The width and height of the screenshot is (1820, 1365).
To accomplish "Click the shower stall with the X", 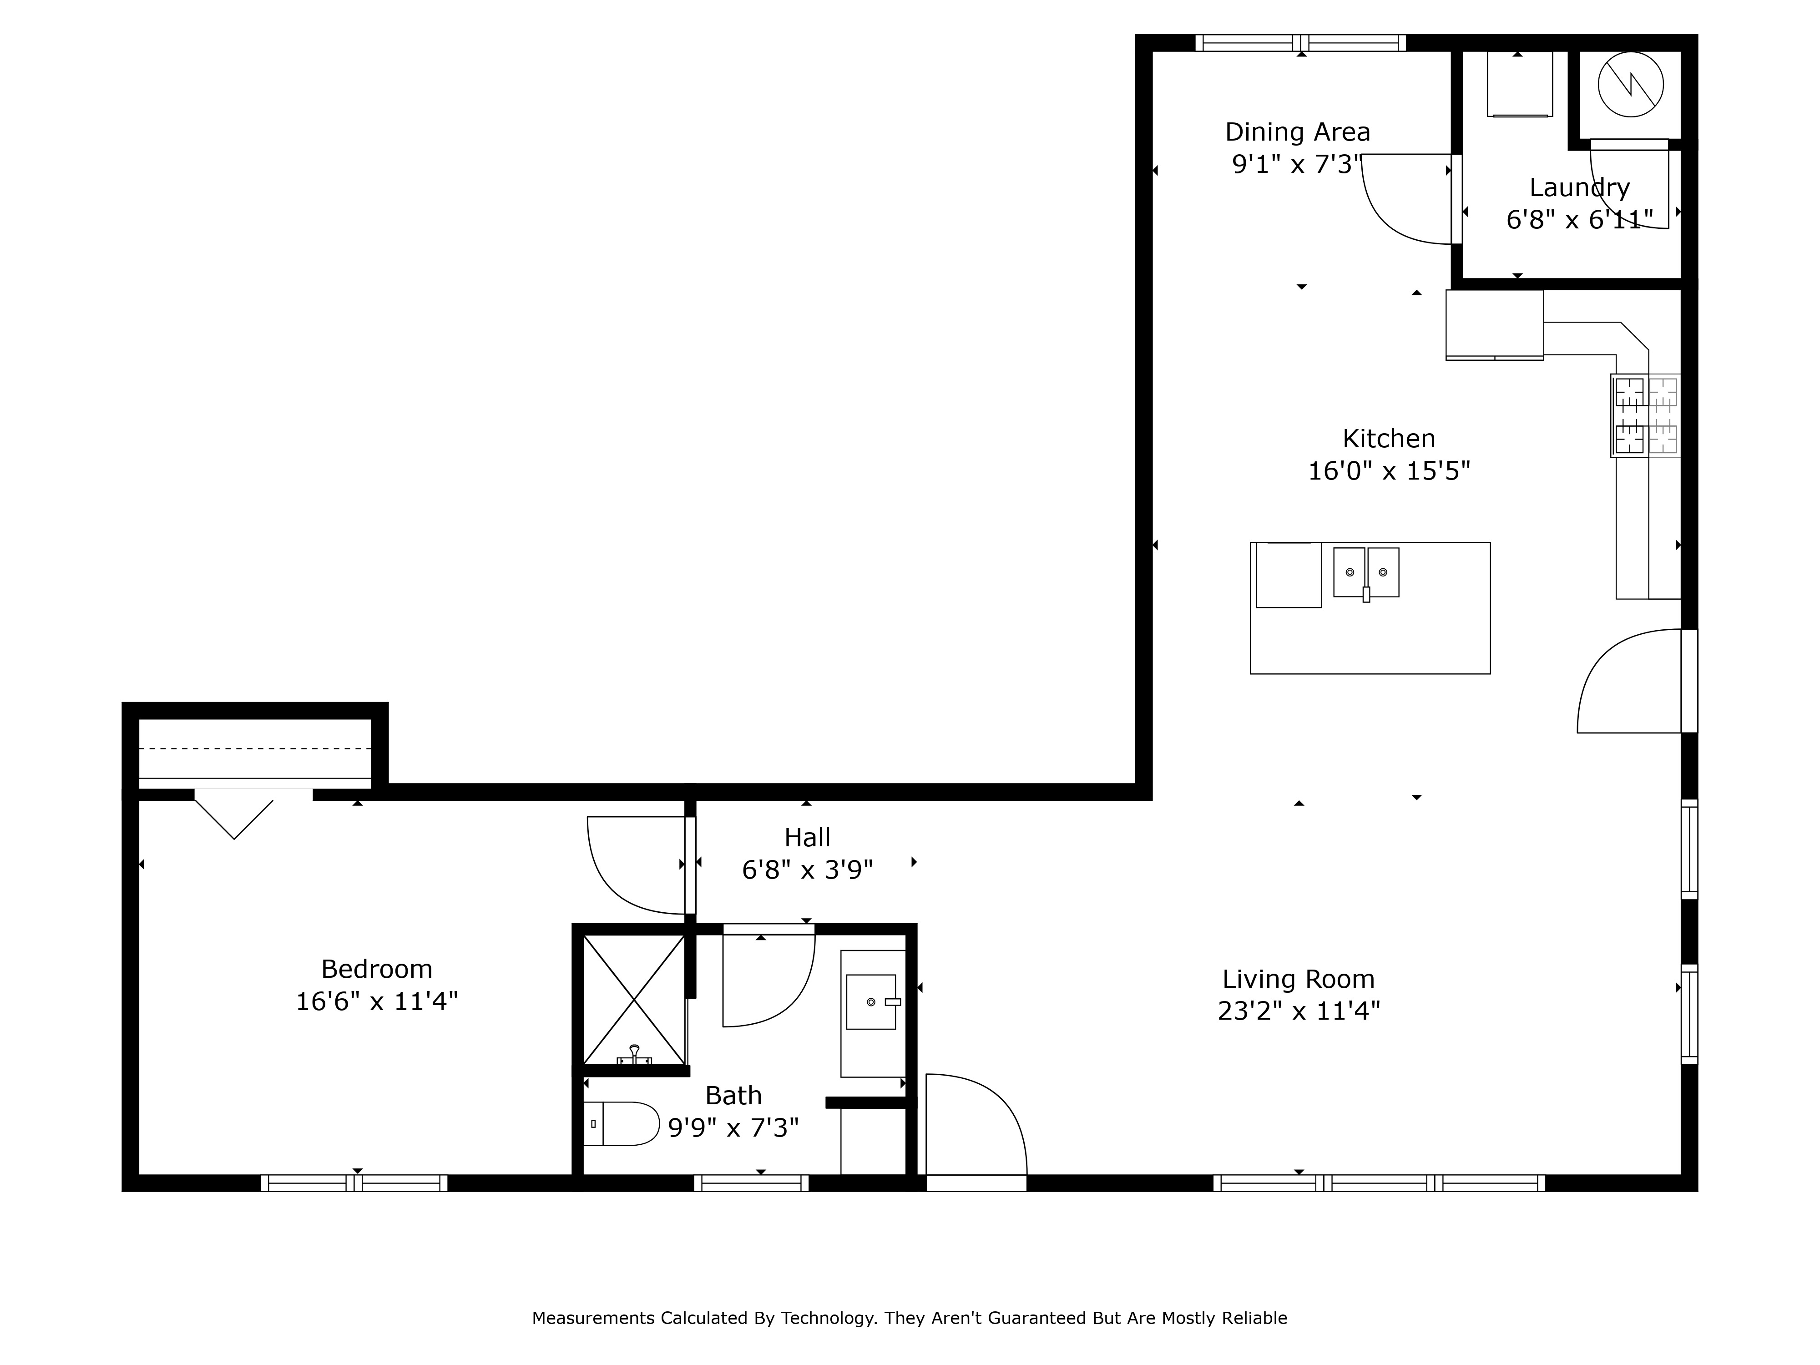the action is [633, 1000].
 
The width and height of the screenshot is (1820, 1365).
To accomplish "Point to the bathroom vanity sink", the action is [871, 1002].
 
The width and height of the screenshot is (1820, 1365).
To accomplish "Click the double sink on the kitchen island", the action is [1366, 573].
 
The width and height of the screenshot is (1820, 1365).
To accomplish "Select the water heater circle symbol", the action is [1631, 85].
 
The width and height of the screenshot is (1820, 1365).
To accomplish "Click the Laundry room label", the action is [1579, 187].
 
